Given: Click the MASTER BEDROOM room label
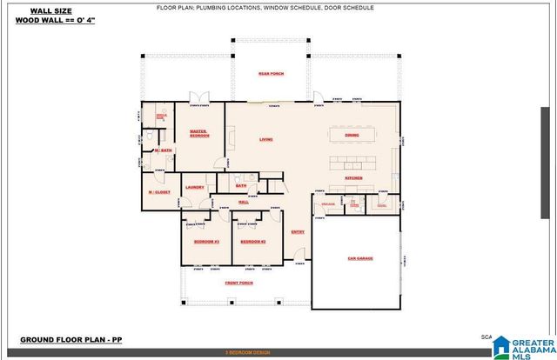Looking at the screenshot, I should point(199,133).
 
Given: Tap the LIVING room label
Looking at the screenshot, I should point(266,138).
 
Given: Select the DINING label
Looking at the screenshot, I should point(352,136).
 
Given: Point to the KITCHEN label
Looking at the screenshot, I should point(353,177).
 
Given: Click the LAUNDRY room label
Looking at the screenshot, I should point(195,187).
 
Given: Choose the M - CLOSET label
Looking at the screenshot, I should point(159,191).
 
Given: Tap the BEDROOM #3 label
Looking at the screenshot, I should point(205,240).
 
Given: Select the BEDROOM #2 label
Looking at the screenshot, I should point(252,240).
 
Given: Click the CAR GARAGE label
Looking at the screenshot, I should point(360,258).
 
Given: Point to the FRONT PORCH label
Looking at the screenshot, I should point(240,283).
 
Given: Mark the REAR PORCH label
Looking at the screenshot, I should point(270,73).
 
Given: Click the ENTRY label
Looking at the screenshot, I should point(298,231).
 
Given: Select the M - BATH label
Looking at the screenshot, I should point(163,150).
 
